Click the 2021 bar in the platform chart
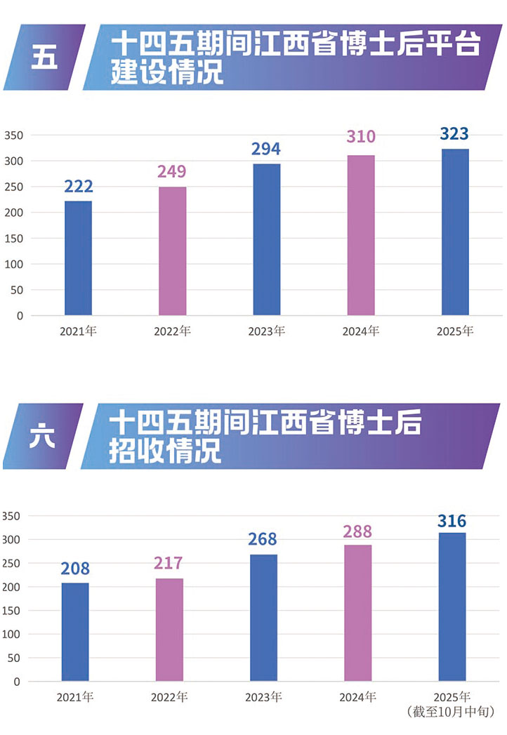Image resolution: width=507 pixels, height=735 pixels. click(x=78, y=258)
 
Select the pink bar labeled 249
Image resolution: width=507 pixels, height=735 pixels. click(x=172, y=251)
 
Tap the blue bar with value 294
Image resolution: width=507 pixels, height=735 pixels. click(x=266, y=239)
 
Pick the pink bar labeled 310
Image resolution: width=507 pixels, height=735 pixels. click(x=361, y=235)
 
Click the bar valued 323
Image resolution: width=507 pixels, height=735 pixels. click(x=455, y=232)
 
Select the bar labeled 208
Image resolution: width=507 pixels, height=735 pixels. click(x=75, y=632)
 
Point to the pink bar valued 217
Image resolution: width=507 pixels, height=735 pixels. click(x=169, y=630)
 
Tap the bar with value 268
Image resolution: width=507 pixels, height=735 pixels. click(x=263, y=618)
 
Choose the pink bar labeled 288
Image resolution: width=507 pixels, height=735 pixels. click(x=358, y=613)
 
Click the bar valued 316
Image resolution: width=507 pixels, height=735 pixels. click(x=452, y=607)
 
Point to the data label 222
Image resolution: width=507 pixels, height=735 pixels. click(x=79, y=187)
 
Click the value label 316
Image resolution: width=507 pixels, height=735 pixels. click(x=452, y=521)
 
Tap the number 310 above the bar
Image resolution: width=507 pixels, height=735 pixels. click(x=361, y=136)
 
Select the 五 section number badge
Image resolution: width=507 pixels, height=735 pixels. click(x=44, y=58)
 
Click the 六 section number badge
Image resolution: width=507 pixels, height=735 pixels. click(x=42, y=437)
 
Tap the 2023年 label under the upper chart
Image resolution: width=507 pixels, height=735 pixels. click(x=266, y=331)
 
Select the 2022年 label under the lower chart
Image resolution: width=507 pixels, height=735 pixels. click(x=169, y=698)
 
